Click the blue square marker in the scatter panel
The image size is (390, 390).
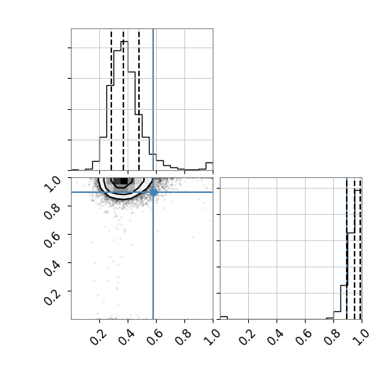pyautogui.click(x=153, y=192)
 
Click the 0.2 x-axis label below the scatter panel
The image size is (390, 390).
pyautogui.click(x=99, y=338)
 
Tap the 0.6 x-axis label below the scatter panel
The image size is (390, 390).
pyautogui.click(x=155, y=338)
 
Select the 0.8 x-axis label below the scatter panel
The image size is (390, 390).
pyautogui.click(x=183, y=338)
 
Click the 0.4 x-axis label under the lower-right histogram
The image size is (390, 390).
pyautogui.click(x=275, y=338)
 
